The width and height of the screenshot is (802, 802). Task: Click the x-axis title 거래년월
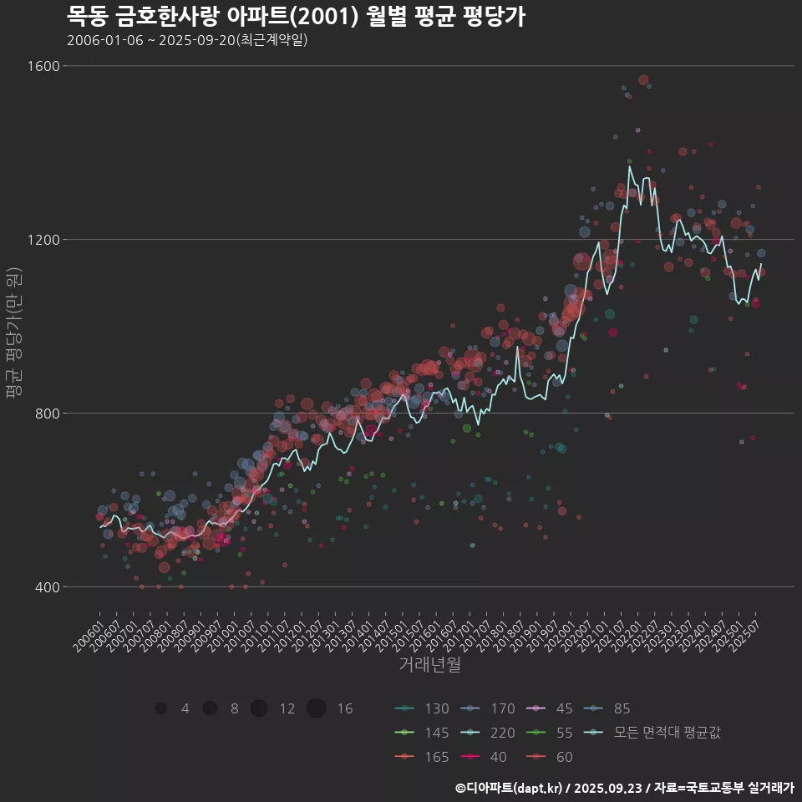pyautogui.click(x=429, y=665)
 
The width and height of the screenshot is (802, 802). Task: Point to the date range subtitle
pyautogui.click(x=187, y=40)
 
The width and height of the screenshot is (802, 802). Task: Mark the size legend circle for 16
pyautogui.click(x=316, y=708)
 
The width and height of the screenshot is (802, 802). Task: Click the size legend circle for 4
pyautogui.click(x=160, y=708)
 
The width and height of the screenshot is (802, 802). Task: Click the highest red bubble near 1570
pyautogui.click(x=643, y=80)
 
